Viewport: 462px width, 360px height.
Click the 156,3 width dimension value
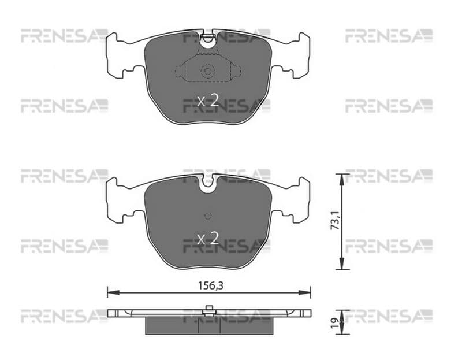tap(210, 285)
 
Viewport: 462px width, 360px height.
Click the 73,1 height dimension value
tap(336, 221)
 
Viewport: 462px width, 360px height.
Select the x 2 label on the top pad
tap(208, 101)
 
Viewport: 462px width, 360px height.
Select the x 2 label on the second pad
tap(208, 238)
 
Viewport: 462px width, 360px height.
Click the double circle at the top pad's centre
tap(207, 71)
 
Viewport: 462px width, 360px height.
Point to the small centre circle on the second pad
tap(208, 216)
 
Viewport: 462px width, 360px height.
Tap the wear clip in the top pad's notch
tap(208, 37)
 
